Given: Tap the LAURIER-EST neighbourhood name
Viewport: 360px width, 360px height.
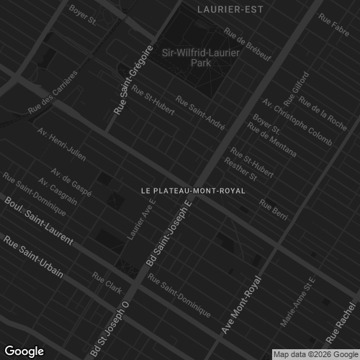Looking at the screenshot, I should (x=230, y=9).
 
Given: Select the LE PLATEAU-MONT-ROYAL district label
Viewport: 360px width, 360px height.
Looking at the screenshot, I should (x=193, y=191).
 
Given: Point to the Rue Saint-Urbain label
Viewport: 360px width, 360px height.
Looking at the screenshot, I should (x=33, y=256).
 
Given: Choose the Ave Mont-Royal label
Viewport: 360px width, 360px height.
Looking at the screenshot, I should (x=240, y=305).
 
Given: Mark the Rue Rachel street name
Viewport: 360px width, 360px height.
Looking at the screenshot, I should (x=342, y=323).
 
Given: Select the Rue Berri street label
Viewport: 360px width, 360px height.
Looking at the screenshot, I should (x=273, y=208).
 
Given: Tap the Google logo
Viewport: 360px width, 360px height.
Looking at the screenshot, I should (x=24, y=351).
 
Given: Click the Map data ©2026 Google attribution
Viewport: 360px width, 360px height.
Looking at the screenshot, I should (x=315, y=354).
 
